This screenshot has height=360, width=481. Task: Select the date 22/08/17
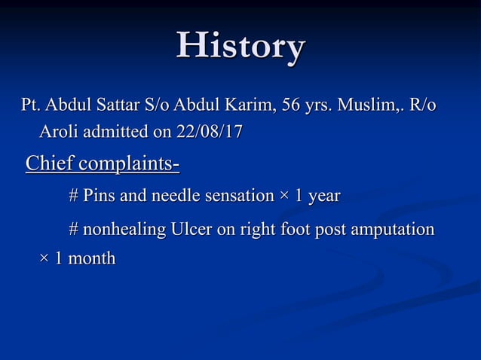click(209, 132)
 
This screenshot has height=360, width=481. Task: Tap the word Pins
click(100, 197)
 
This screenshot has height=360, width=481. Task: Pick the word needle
click(173, 197)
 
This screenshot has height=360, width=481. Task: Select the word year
click(325, 197)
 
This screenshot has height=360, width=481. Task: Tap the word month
click(91, 258)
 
